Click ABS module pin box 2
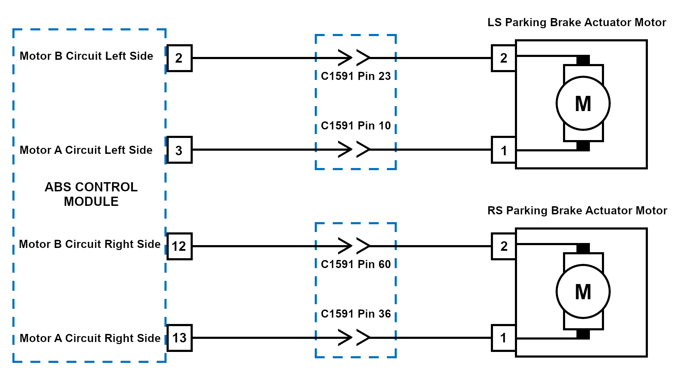(179, 58)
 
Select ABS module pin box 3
(179, 150)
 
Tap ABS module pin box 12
(179, 246)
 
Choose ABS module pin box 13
(179, 338)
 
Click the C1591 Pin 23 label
(355, 76)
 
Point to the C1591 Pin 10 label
(355, 126)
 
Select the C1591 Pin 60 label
(355, 264)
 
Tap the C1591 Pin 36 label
(355, 314)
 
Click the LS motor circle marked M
(583, 103)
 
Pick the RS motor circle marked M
(583, 291)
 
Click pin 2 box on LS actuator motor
(504, 58)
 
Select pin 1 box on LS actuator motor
(504, 150)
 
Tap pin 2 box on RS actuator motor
(504, 246)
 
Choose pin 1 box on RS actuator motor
(504, 338)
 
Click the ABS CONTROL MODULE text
(91, 194)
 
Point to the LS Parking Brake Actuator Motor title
(576, 22)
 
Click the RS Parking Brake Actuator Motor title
(577, 210)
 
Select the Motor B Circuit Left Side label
(86, 56)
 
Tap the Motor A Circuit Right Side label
(90, 338)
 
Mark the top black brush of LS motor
(583, 60)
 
